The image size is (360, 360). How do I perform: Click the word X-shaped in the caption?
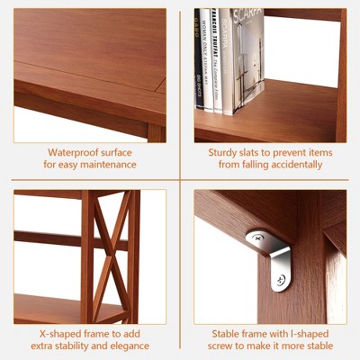[60, 334]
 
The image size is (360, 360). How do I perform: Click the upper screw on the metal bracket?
[257, 238]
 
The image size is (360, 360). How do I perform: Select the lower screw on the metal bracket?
[281, 280]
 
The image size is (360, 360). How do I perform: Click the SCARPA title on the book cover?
[247, 15]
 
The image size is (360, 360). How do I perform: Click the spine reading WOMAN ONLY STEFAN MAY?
[206, 60]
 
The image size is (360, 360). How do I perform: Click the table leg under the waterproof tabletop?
[156, 133]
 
